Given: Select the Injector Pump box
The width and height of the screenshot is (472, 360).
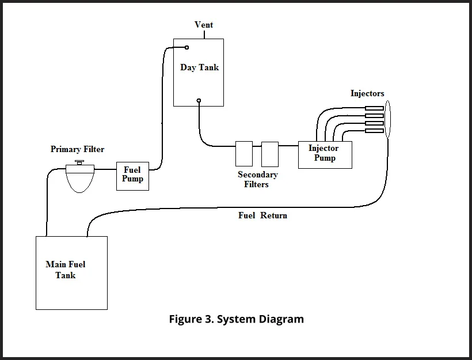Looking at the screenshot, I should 325,154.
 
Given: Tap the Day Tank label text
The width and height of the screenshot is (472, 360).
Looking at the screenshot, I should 199,67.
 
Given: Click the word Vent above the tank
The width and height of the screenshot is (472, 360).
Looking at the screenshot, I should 204,25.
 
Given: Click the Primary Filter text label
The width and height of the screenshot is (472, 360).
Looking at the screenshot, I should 77,149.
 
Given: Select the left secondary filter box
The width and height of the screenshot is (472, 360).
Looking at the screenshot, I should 244,154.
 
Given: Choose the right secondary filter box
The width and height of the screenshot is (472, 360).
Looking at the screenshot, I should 269,154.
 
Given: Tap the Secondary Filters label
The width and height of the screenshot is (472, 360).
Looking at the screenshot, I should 257,179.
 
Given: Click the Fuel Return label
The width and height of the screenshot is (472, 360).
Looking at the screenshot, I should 262,215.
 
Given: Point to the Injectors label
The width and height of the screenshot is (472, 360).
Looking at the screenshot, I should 367,93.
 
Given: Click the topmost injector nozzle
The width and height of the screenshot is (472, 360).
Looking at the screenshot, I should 375,108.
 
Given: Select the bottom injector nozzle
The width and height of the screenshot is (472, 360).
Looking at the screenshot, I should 375,131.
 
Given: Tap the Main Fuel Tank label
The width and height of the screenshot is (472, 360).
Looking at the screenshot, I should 66,270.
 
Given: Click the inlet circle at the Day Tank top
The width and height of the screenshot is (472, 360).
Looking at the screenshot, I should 187,48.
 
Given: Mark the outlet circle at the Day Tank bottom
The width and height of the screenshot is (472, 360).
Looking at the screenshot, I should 199,101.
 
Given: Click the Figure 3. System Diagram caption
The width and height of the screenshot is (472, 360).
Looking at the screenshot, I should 236,319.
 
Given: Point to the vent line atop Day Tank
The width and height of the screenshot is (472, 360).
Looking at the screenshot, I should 204,34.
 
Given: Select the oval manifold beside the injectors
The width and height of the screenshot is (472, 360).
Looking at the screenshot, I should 387,119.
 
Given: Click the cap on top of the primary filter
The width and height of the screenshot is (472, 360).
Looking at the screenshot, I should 79,163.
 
